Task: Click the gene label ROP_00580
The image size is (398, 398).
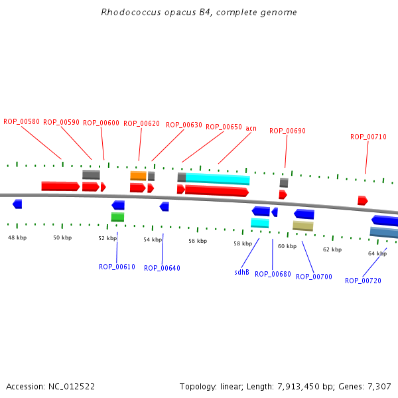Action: point(21,121)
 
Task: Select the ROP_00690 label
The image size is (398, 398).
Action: point(287,131)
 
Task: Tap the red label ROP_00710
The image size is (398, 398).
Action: point(368,137)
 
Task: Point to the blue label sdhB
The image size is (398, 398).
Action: point(241,272)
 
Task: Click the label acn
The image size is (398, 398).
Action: point(251,128)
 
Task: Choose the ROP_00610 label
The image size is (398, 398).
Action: point(117,267)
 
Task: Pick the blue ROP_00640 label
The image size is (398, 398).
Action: point(162,268)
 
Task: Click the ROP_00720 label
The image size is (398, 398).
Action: point(363,281)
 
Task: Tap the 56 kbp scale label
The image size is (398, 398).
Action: point(198,241)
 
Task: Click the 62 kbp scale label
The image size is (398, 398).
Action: point(332,249)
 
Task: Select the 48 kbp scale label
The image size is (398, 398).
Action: point(17,237)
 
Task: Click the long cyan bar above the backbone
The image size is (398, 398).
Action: point(218,179)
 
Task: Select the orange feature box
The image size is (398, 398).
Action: point(138,176)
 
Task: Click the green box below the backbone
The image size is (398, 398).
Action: point(117,217)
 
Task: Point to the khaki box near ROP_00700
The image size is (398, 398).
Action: point(302,226)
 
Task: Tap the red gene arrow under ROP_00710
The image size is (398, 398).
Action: point(362,200)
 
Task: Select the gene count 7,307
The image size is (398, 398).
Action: point(378,386)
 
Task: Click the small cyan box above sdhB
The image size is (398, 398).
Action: point(259,223)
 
